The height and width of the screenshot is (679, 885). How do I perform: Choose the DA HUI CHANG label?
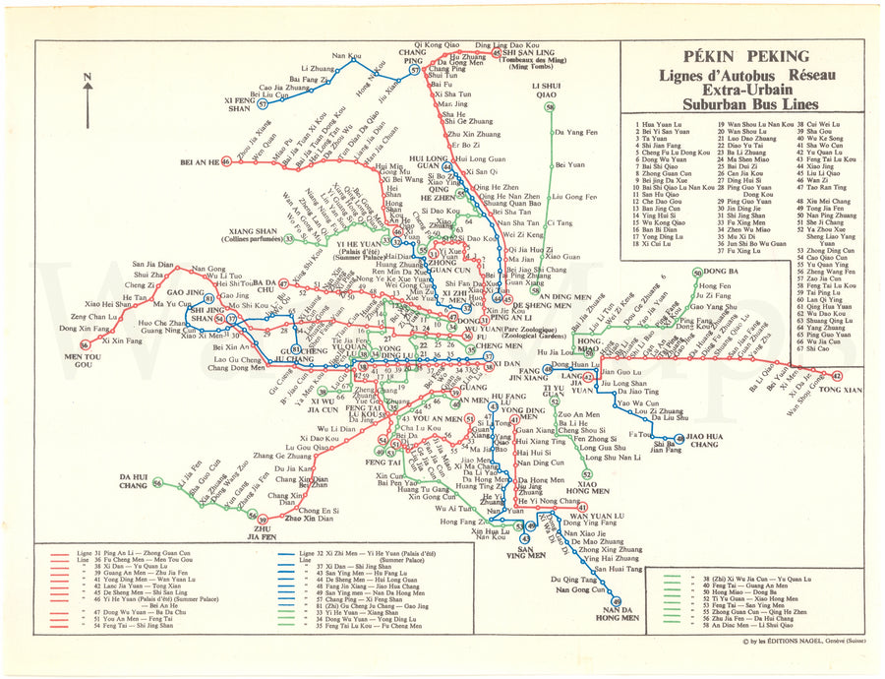click(133, 481)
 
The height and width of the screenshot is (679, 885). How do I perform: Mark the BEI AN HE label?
click(200, 161)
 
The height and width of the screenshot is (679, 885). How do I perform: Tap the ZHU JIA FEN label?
click(261, 532)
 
